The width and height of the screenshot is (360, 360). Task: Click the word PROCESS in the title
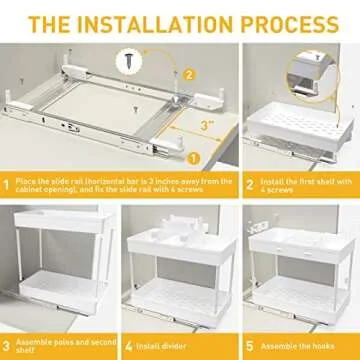292,22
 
